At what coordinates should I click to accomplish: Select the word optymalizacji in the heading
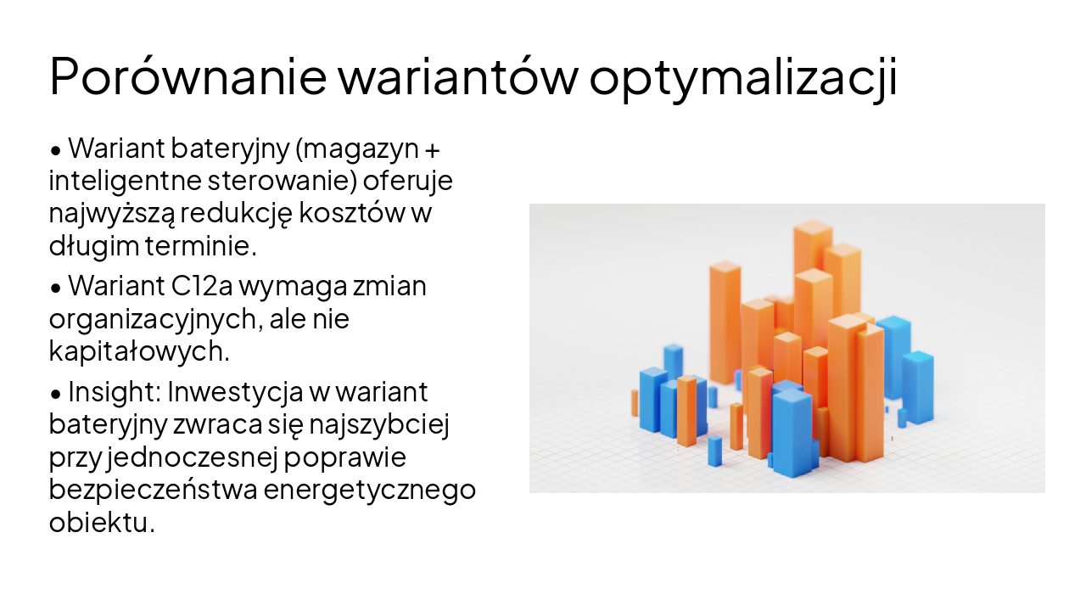(x=743, y=77)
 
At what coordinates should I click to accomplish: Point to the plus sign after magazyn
(x=432, y=150)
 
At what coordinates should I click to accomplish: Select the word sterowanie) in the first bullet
(x=291, y=182)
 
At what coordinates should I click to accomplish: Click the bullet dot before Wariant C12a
(x=56, y=289)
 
